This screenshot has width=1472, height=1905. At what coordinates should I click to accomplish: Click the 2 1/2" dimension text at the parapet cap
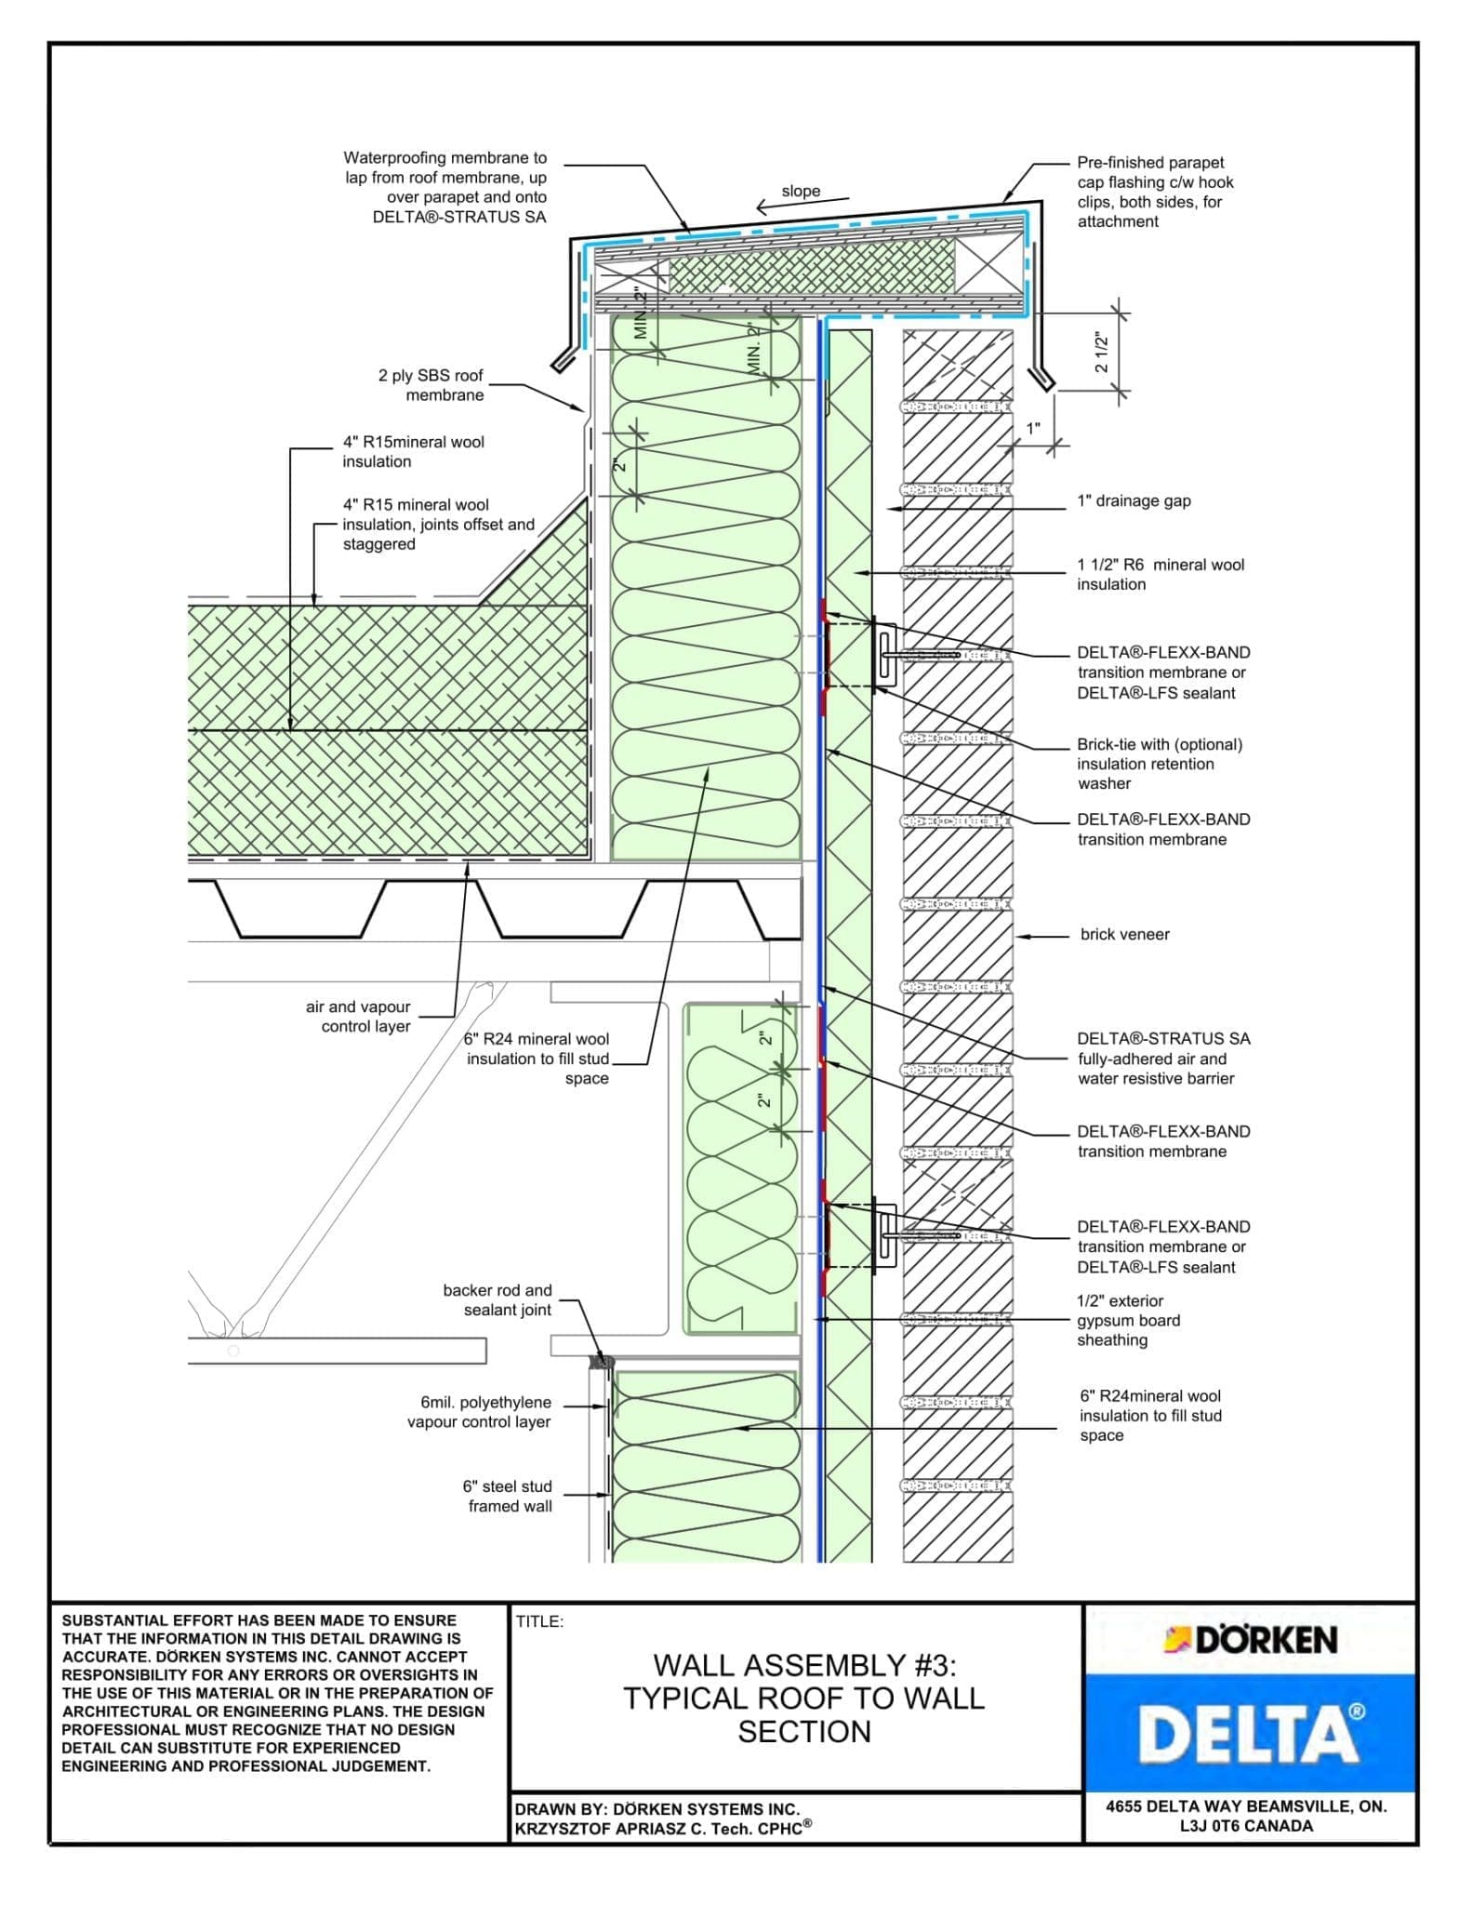coord(1102,353)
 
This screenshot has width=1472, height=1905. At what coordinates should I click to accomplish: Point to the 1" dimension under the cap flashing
coord(1033,429)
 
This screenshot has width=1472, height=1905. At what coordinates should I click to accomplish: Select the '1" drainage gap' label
coord(1134,501)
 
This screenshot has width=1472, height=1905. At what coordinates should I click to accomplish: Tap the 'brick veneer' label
coord(1124,935)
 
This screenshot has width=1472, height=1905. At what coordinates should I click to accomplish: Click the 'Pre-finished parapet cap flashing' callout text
coord(1155,192)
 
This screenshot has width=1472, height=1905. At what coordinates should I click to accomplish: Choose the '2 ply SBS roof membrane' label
coord(431,385)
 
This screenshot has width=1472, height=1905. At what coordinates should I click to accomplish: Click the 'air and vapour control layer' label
coord(359,1017)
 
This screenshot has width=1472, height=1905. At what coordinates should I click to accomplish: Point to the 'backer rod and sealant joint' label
coord(497,1299)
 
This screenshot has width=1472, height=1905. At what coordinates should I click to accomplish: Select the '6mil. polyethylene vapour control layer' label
coord(480,1411)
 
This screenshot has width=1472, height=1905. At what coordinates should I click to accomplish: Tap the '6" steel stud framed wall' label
coord(509,1496)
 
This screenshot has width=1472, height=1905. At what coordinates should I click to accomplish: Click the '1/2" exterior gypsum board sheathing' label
coord(1128,1320)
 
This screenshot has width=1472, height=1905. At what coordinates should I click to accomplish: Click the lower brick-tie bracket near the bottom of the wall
coord(885,1237)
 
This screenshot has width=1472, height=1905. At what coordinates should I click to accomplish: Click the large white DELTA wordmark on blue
coord(1250,1733)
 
